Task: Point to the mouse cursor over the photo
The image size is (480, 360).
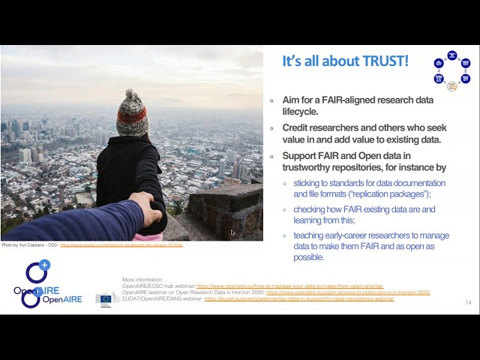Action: coord(232,232)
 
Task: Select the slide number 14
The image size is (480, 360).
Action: coord(468,303)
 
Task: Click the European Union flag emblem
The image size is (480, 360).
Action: coord(106,299)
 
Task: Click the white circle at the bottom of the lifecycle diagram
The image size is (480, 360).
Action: coord(451,86)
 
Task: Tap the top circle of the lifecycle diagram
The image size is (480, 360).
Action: coord(452,55)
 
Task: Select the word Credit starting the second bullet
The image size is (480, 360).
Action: coord(298,127)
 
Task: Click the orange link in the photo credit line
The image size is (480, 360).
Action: coord(121,245)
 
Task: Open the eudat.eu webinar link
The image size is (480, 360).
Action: coord(298,299)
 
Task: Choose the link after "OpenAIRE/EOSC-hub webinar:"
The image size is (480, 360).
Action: coord(289,286)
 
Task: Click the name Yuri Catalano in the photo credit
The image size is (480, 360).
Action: coord(31,245)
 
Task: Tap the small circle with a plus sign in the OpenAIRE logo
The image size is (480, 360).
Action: coord(44,265)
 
